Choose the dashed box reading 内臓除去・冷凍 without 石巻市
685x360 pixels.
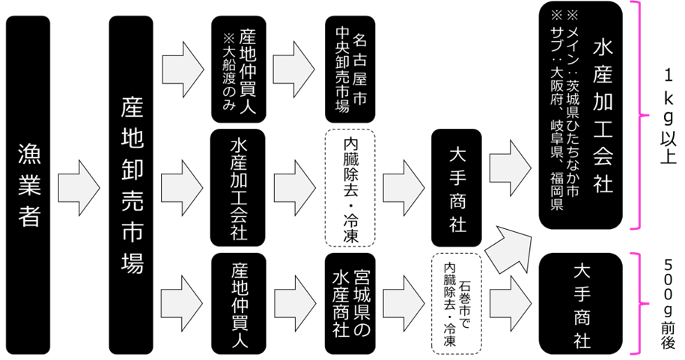point(350,189)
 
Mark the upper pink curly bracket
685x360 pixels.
point(645,115)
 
